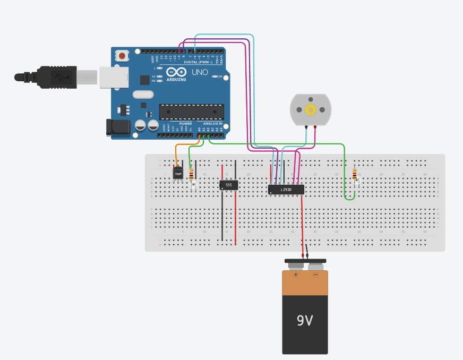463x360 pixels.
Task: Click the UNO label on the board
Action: [200, 72]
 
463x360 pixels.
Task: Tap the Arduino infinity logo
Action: [176, 72]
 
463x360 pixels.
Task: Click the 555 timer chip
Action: [229, 185]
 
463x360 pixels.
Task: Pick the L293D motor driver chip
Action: [286, 189]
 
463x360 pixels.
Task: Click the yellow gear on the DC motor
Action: [310, 110]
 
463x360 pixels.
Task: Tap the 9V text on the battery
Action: [305, 321]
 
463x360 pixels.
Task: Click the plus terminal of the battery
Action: [296, 275]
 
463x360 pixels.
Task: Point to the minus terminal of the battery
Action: [315, 275]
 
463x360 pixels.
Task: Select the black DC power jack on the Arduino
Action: [117, 127]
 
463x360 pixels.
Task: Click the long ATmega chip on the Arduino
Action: [191, 112]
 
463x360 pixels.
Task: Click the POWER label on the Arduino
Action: [185, 123]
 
